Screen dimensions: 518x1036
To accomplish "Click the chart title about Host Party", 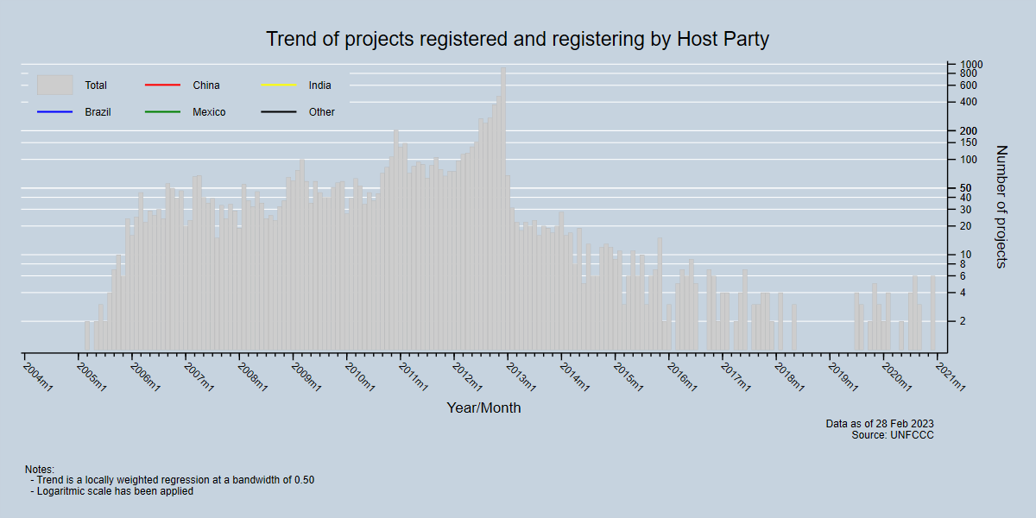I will point(517,40).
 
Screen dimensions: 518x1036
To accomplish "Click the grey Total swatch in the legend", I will point(54,85).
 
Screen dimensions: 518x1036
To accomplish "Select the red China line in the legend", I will point(162,85).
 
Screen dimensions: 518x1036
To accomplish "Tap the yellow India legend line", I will point(278,85).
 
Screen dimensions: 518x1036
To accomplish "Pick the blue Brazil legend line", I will point(54,112).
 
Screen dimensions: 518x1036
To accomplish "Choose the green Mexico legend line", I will point(162,112).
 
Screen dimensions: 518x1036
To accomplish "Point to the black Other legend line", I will point(278,112).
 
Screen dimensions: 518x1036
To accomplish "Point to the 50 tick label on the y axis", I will point(965,188).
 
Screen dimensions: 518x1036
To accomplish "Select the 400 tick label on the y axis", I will point(968,102).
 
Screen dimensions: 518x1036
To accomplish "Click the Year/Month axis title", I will point(483,407).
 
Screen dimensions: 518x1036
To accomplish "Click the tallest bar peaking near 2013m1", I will point(503,207).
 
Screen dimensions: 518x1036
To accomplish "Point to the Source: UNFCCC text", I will point(893,435).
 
